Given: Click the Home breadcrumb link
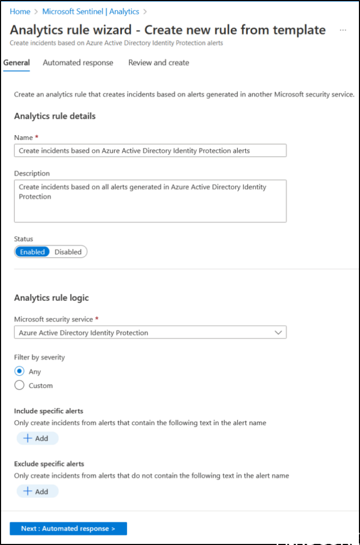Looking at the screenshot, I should (x=20, y=11).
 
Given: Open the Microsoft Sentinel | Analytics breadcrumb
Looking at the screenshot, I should (x=90, y=11).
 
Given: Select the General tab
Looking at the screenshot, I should (x=16, y=63).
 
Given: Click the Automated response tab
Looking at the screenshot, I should (x=78, y=63).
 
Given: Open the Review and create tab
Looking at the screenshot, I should (x=158, y=63).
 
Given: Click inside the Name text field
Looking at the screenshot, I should (x=150, y=151).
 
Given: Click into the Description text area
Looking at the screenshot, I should (x=150, y=201).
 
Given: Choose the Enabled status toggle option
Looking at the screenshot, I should (x=32, y=252).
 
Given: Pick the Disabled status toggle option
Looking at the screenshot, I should (x=68, y=252).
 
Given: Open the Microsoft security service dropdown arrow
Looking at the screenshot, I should (x=278, y=333).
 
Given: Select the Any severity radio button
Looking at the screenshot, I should (x=20, y=371).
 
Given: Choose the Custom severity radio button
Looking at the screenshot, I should (x=20, y=385).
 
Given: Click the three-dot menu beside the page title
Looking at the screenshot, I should (x=343, y=30).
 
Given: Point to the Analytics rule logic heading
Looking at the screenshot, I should (x=52, y=298).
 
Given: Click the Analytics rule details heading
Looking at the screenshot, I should (x=55, y=116).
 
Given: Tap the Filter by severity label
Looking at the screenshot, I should (x=39, y=357).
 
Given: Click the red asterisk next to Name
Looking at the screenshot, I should (x=37, y=137).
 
